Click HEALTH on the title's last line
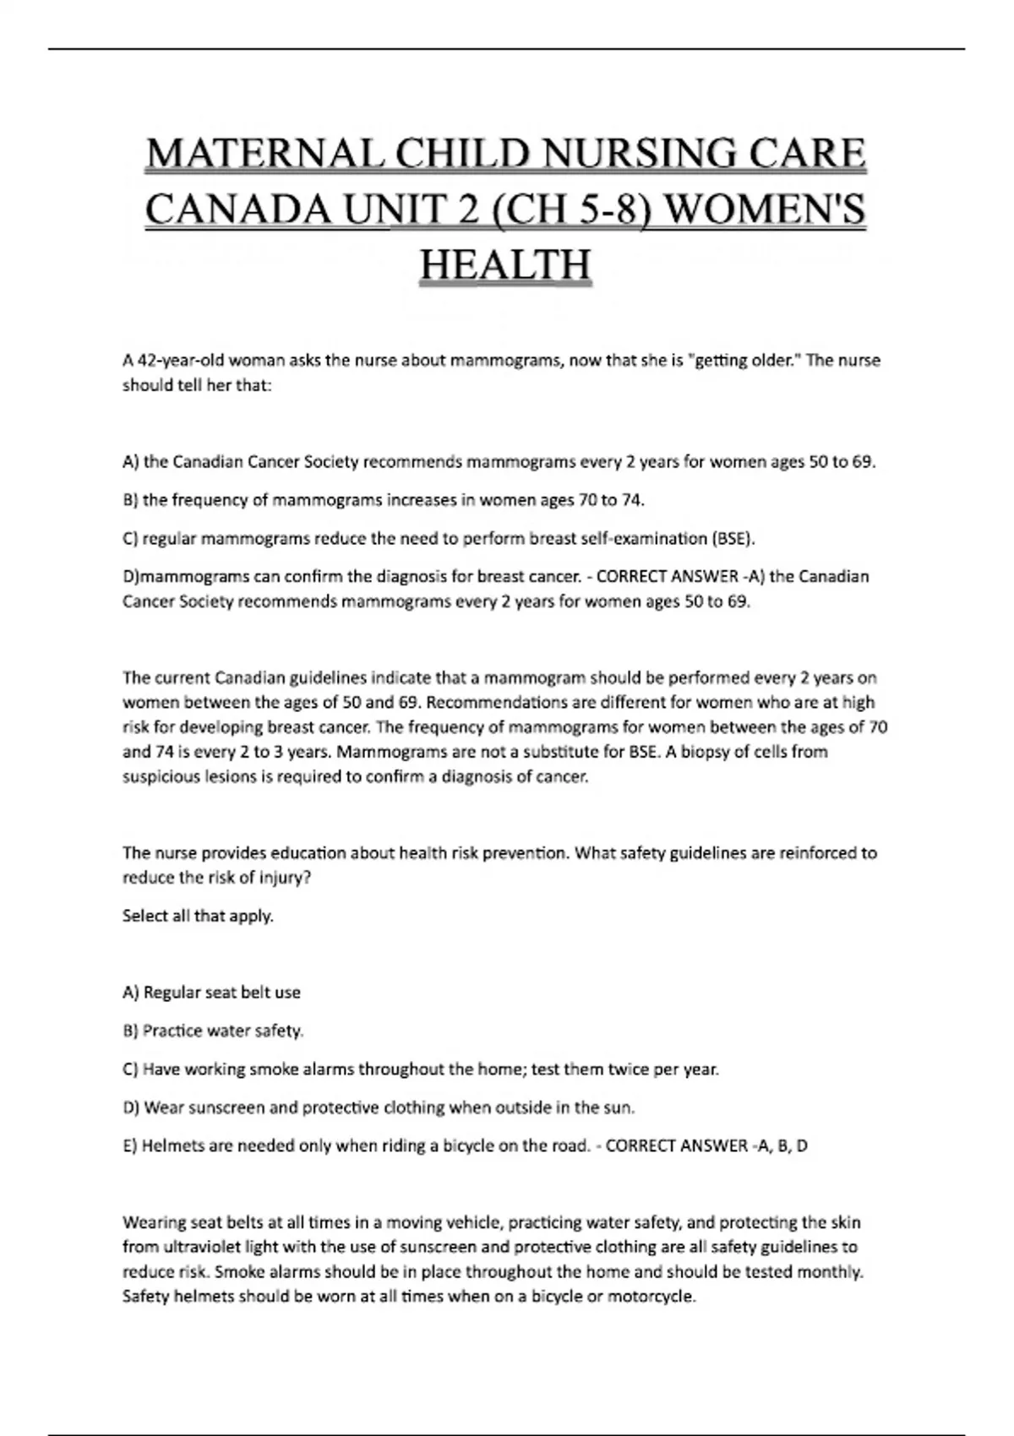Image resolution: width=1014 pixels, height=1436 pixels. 505,264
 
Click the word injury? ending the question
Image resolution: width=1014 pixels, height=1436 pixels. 284,878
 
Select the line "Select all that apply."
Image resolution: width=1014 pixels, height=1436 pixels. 198,916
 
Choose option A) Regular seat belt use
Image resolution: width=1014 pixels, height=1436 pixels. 211,993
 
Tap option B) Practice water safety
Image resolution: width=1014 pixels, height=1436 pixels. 213,1031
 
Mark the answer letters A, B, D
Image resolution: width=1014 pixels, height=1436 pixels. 780,1146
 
